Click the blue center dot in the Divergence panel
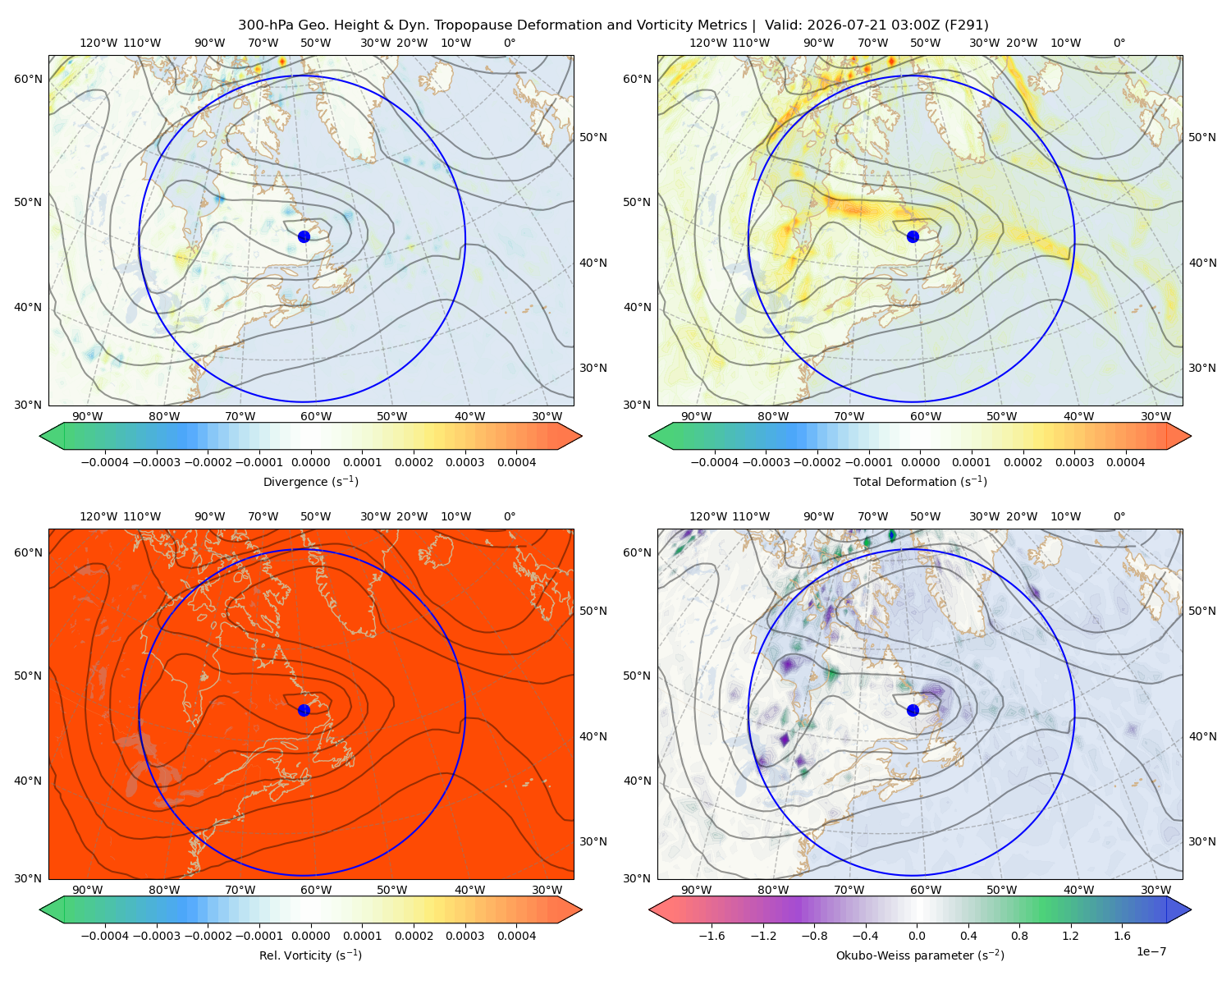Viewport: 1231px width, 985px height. [x=304, y=236]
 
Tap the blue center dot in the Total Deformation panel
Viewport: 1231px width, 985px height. [x=913, y=236]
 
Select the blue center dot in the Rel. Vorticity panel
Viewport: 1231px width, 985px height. [x=304, y=710]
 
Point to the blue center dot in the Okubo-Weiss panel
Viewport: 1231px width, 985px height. [x=913, y=710]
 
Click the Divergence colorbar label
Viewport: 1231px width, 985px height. [x=310, y=481]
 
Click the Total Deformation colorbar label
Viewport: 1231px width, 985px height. [x=920, y=481]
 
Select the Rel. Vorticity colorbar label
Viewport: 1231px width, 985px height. [x=310, y=955]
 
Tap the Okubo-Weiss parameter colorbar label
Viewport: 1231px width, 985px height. [x=920, y=955]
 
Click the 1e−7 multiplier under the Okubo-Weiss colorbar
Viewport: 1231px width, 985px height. [x=1151, y=951]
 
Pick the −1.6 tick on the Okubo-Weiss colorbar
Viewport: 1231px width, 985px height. [x=712, y=936]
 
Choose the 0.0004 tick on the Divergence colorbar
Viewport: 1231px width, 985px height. [x=516, y=462]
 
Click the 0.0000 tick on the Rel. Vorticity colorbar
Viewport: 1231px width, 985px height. [x=310, y=936]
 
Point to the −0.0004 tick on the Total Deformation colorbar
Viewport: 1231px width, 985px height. [x=715, y=462]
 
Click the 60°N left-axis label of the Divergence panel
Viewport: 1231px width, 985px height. [x=28, y=79]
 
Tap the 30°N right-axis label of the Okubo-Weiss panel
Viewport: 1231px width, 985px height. [x=1202, y=841]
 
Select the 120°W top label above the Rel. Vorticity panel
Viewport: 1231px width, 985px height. [x=98, y=516]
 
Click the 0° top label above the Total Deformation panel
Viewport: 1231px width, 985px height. [x=1119, y=43]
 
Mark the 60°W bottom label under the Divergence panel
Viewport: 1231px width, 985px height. [x=316, y=416]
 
